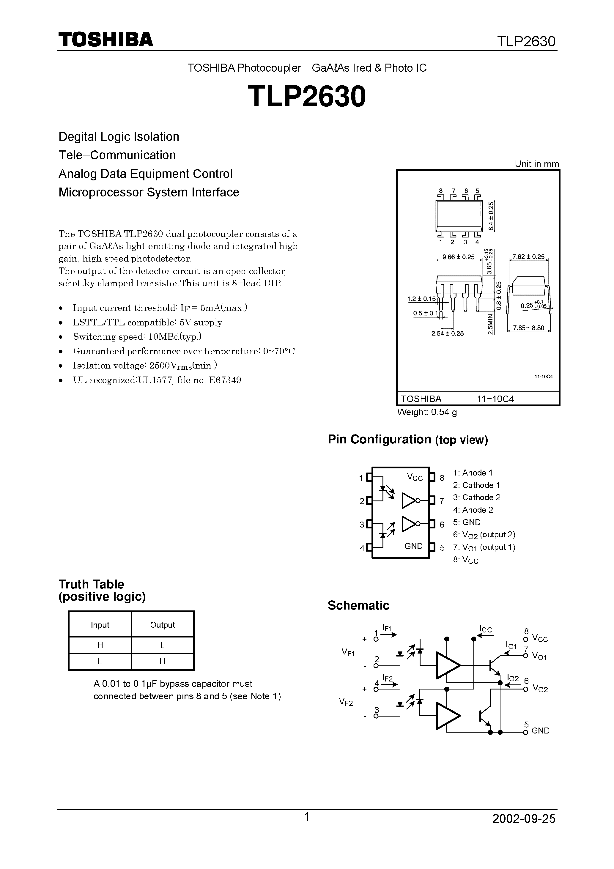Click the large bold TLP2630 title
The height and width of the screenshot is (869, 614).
point(307,96)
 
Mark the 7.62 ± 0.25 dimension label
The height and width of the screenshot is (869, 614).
point(528,256)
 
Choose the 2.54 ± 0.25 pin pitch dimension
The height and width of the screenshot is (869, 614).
point(448,333)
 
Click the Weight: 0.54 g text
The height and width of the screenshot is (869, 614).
point(427,412)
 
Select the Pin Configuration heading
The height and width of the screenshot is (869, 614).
point(408,440)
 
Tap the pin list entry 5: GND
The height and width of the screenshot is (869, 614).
point(467,522)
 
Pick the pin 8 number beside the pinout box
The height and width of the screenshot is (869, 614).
point(442,478)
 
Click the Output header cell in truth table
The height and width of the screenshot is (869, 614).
point(162,625)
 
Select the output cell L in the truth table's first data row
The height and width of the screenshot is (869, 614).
point(162,646)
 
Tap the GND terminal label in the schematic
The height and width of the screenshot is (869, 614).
point(540,731)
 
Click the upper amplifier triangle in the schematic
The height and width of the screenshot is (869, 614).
point(447,665)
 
